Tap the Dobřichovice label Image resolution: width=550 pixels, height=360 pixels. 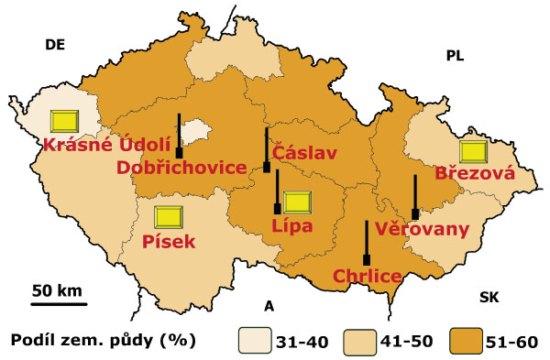point(182,168)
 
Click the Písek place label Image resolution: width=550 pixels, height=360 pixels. point(170,242)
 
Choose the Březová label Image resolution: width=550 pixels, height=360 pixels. point(475,173)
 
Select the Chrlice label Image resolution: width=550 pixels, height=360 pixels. point(367,275)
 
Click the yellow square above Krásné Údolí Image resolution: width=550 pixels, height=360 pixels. point(65,120)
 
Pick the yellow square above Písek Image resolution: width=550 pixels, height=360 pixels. point(169,217)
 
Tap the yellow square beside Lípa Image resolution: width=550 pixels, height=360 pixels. point(298,202)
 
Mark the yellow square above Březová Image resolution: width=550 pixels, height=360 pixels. point(474,150)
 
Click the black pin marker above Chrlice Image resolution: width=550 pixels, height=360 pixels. point(366,243)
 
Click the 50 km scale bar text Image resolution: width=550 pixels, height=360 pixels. point(57,290)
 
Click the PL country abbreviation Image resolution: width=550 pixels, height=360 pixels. point(455,57)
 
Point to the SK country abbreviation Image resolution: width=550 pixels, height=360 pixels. point(489,298)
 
